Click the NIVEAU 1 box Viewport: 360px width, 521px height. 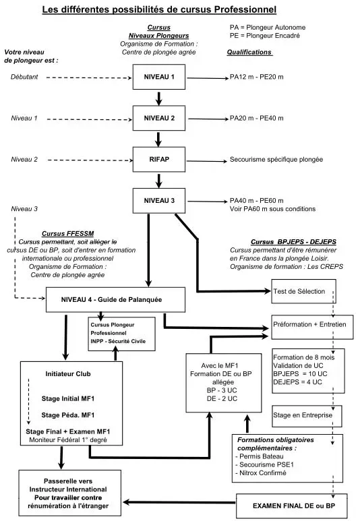[x=158, y=77]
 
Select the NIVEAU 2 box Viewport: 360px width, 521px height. [x=158, y=118]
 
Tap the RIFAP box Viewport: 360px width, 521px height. [x=158, y=160]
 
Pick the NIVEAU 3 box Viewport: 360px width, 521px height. [x=158, y=200]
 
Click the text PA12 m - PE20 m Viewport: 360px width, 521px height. [x=257, y=78]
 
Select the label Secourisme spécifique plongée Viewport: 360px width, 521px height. [x=275, y=160]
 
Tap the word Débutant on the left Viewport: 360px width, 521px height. [x=25, y=78]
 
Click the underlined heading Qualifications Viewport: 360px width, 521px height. [x=249, y=52]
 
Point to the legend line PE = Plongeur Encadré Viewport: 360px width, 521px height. [x=264, y=34]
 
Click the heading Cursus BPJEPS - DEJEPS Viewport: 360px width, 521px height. [x=293, y=241]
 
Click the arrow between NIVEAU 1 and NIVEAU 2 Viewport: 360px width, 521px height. [x=158, y=98]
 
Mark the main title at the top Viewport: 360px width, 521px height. [x=159, y=9]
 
